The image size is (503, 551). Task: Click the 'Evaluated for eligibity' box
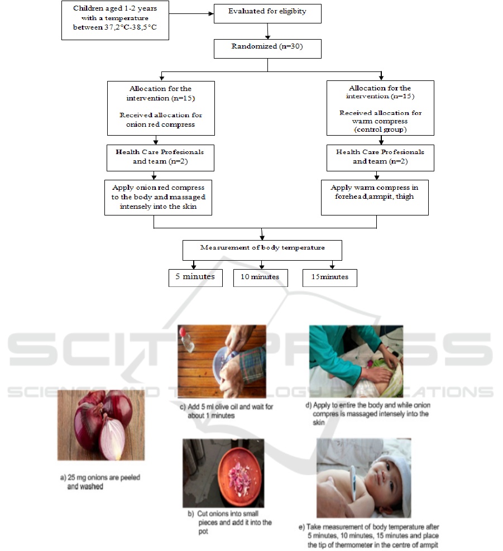tap(267, 12)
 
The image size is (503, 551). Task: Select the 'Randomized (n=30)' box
tap(267, 47)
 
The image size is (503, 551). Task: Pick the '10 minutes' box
tap(260, 277)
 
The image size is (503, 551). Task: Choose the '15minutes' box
tap(329, 277)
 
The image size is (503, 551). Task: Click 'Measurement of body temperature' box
tap(262, 250)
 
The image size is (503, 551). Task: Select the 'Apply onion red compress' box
tap(159, 197)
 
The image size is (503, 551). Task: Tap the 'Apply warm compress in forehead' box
tap(375, 197)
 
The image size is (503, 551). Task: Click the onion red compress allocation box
tap(161, 108)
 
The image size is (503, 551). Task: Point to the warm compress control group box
tap(380, 108)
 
